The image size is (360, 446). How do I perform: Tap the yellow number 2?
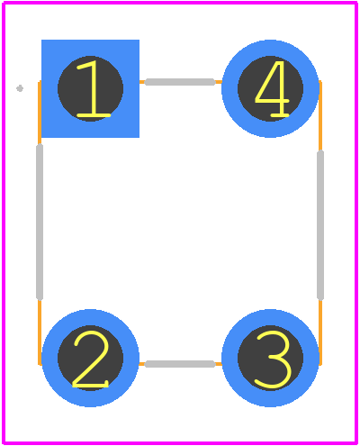[x=91, y=359]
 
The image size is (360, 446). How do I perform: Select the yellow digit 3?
[x=273, y=359]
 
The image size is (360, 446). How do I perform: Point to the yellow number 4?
[x=273, y=88]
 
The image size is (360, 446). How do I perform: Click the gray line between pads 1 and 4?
[x=180, y=82]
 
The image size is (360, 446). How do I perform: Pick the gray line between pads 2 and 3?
[x=180, y=364]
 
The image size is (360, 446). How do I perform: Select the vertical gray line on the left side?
[x=40, y=223]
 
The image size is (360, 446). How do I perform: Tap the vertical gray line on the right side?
[x=320, y=225]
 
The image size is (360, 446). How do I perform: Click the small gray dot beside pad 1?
[x=20, y=88]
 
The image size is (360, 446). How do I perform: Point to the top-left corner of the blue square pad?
[x=41, y=40]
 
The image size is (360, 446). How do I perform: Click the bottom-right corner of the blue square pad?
[x=139, y=138]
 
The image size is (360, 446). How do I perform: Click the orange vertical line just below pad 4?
[x=320, y=115]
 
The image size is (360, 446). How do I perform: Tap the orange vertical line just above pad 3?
[x=320, y=332]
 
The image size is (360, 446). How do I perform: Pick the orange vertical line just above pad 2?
[x=40, y=332]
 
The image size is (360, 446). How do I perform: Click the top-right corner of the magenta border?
[x=355, y=3]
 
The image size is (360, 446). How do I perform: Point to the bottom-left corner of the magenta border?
[x=4, y=442]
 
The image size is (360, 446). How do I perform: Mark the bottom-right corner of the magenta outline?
[x=355, y=442]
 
